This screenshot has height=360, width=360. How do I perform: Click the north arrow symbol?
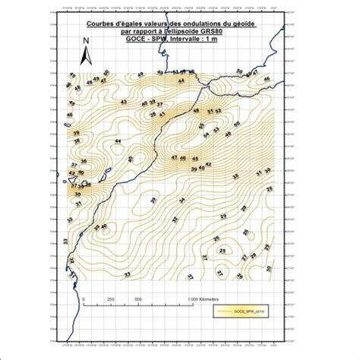[x=89, y=55]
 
